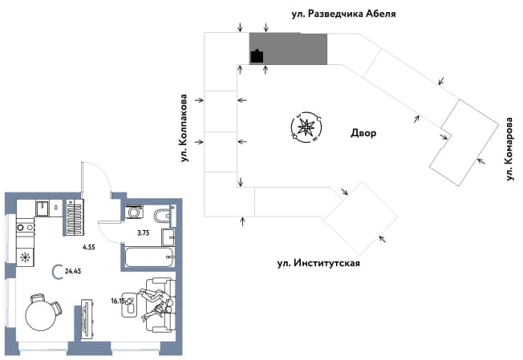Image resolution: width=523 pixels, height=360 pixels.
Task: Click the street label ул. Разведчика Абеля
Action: (343, 14)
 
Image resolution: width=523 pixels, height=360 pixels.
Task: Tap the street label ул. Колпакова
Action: (184, 128)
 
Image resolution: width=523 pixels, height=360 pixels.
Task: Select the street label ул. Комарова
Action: (509, 149)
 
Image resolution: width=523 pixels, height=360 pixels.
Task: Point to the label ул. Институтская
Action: (318, 263)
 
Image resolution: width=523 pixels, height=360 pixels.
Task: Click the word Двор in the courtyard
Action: (363, 133)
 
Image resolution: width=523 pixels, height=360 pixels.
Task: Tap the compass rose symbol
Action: (306, 127)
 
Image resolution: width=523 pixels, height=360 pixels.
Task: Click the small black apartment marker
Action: (257, 56)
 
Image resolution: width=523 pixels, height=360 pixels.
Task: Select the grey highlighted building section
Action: (288, 49)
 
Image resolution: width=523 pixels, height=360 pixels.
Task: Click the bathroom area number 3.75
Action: (143, 233)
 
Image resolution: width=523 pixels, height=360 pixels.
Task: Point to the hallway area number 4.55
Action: (89, 247)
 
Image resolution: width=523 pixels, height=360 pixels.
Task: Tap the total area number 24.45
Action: (73, 271)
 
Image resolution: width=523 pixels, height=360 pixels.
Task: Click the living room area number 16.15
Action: (117, 301)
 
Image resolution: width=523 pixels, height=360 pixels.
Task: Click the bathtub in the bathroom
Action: (149, 257)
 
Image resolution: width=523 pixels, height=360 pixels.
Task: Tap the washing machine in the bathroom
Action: (134, 212)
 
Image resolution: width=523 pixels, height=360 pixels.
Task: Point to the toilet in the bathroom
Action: (163, 216)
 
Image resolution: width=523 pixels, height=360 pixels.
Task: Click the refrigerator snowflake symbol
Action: (25, 257)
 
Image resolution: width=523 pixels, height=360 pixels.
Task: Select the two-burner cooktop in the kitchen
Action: (26, 228)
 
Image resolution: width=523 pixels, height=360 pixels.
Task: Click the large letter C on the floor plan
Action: (58, 271)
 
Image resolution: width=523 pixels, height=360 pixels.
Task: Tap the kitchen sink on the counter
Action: (43, 208)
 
